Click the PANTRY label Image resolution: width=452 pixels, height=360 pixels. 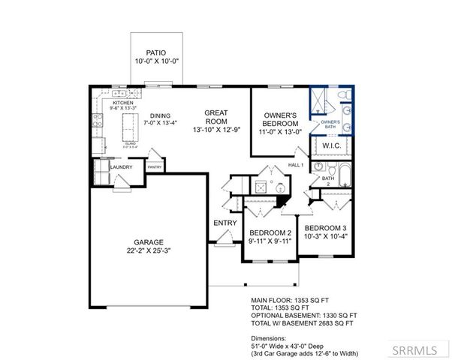click(x=155, y=168)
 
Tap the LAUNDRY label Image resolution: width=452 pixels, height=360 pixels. click(x=121, y=167)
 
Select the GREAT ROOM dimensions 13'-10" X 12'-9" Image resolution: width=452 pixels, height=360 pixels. click(x=216, y=128)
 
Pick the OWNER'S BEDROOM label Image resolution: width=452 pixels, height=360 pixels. click(x=280, y=118)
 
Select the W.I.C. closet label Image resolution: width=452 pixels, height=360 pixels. click(x=333, y=145)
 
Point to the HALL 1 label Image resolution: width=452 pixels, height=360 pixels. click(x=296, y=164)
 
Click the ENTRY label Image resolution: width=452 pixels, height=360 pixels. click(x=225, y=223)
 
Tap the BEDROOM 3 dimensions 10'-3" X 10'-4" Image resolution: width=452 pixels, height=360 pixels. click(x=327, y=236)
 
